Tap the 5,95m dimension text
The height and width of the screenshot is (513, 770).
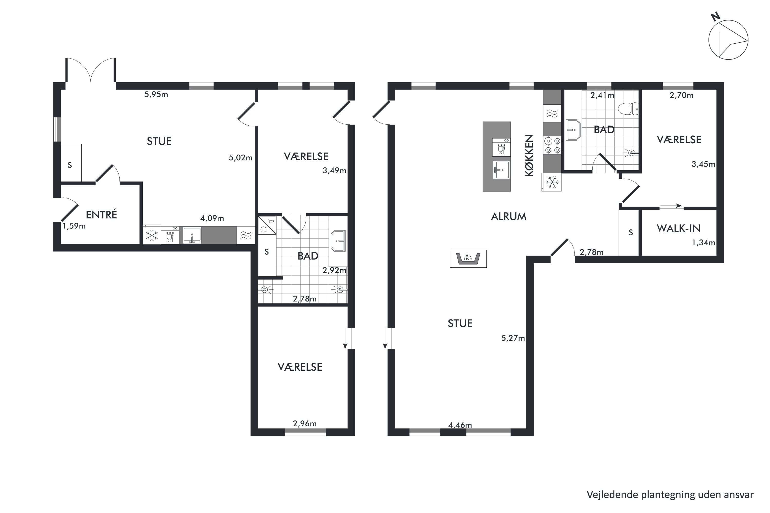pyautogui.click(x=156, y=95)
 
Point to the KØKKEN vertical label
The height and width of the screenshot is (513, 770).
pyautogui.click(x=529, y=156)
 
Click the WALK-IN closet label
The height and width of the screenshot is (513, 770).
pyautogui.click(x=678, y=228)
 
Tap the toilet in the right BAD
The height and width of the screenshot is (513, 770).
pyautogui.click(x=628, y=109)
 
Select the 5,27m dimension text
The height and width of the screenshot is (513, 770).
pyautogui.click(x=513, y=338)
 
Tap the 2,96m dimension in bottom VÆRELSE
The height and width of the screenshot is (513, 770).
pyautogui.click(x=305, y=424)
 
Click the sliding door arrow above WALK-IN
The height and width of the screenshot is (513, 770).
pyautogui.click(x=670, y=206)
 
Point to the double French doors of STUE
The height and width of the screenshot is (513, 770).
pyautogui.click(x=91, y=70)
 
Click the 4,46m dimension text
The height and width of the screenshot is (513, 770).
pyautogui.click(x=460, y=425)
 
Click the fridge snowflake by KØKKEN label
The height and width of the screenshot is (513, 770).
pyautogui.click(x=552, y=182)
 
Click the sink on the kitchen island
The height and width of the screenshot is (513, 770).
pyautogui.click(x=501, y=170)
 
